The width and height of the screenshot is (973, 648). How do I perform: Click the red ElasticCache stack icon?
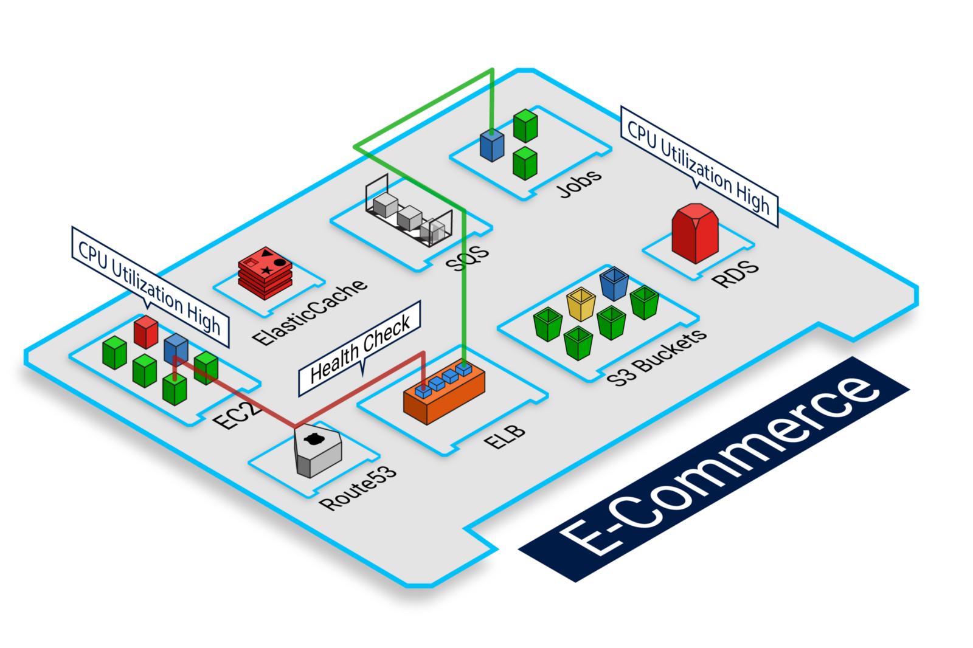click(x=265, y=273)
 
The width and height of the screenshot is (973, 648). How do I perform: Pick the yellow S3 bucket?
click(x=581, y=304)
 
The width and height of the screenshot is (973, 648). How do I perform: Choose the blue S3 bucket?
click(x=614, y=283)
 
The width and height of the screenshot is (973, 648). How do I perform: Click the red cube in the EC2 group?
click(x=146, y=331)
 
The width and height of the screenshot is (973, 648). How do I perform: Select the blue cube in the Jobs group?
click(x=491, y=145)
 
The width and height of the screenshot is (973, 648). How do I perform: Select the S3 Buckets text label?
click(x=657, y=358)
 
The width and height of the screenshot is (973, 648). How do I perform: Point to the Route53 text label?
click(x=358, y=487)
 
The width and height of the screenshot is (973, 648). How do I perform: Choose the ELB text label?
click(x=505, y=436)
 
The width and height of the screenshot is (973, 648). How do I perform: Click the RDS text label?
click(x=735, y=273)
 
